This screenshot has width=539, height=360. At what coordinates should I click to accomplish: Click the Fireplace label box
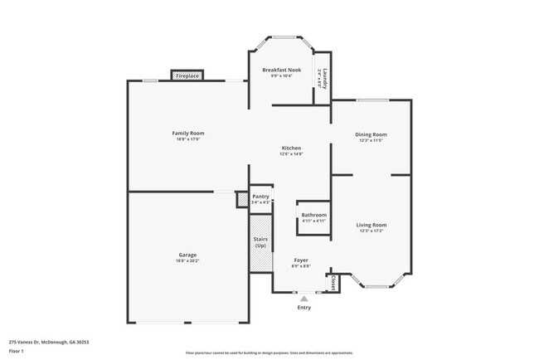187,75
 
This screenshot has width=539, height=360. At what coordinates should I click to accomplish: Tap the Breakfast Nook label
281,70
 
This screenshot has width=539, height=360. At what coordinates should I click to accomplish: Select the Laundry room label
325,79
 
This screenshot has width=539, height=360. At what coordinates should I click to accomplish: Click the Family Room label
188,133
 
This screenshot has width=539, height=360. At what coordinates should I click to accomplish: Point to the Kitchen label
291,148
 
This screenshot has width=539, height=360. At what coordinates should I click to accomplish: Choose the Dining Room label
371,134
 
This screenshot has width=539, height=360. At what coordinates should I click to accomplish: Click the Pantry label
261,197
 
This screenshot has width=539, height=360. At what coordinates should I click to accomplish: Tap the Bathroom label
313,216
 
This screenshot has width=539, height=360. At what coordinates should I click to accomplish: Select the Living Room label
371,225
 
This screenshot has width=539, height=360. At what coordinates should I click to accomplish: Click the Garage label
187,255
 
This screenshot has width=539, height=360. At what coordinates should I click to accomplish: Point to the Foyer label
302,260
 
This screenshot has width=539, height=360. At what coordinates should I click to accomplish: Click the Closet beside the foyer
333,283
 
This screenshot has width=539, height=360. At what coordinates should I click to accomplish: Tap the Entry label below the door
304,308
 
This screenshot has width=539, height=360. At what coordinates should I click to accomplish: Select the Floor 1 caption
17,351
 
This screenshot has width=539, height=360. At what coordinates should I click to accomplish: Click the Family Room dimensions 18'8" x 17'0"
188,139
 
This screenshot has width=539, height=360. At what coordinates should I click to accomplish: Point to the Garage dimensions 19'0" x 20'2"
187,261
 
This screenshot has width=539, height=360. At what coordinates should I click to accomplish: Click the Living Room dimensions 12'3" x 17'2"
371,231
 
